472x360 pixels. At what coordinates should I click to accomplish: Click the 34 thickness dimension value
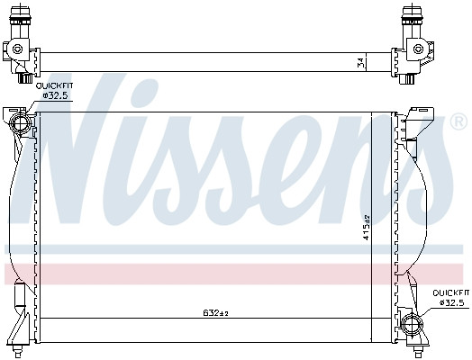coord(361,62)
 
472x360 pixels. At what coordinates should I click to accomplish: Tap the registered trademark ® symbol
coord(458,121)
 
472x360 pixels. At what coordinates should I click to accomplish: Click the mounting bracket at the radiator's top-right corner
coord(416,122)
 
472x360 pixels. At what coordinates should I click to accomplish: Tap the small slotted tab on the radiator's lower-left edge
coord(22,297)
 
